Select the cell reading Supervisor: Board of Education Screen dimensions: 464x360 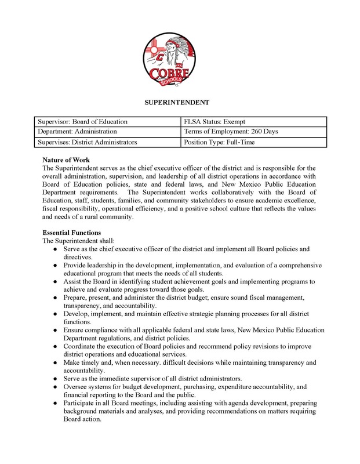point(82,122)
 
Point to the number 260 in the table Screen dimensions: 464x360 point(252,132)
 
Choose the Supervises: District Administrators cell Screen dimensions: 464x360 point(87,142)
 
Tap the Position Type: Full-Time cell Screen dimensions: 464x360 point(217,142)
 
